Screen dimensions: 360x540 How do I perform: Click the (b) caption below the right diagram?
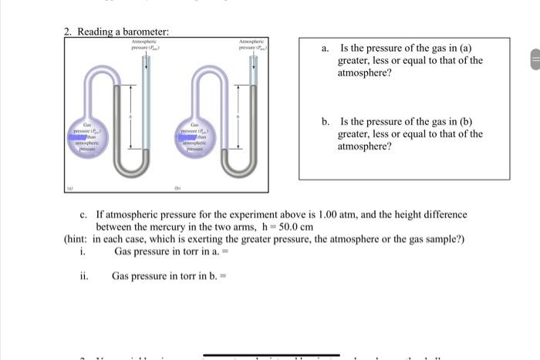pyautogui.click(x=175, y=187)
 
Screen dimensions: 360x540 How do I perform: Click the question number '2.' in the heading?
pyautogui.click(x=67, y=31)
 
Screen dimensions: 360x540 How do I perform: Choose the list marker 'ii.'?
pyautogui.click(x=83, y=275)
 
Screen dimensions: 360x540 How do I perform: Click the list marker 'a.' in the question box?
pyautogui.click(x=327, y=49)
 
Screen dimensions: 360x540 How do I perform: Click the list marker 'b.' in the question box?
pyautogui.click(x=327, y=122)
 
